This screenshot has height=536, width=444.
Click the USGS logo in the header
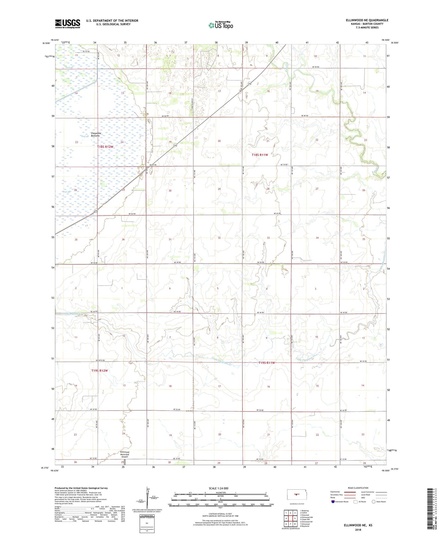[67, 24]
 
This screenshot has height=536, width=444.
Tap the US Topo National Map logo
[221, 25]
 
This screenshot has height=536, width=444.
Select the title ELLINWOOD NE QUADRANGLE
[367, 20]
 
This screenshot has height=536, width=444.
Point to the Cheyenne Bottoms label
[96, 135]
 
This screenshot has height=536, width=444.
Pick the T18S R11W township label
[260, 155]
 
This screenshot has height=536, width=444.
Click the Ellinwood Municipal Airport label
[125, 454]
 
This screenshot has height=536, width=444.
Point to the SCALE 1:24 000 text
[218, 488]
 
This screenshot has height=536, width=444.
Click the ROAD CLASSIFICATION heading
[358, 488]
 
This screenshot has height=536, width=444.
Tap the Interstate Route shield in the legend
[333, 501]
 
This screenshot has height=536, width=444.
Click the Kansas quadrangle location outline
[295, 494]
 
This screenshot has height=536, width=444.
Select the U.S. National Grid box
[147, 524]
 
